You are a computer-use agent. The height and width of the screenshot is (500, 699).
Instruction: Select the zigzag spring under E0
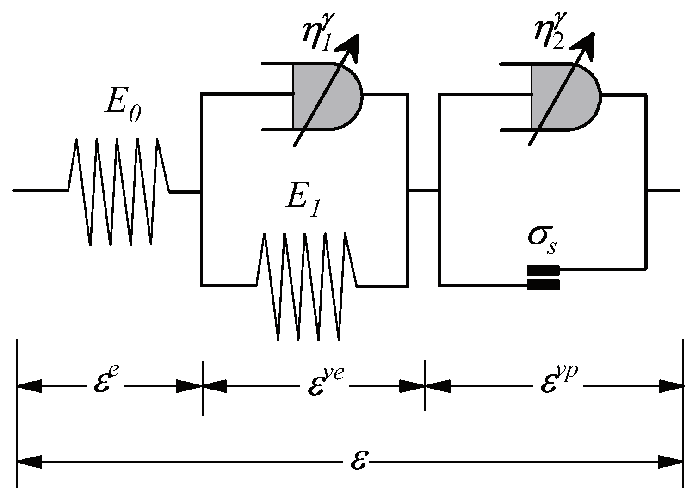click(119, 190)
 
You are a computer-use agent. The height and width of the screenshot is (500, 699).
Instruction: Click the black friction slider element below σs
click(544, 277)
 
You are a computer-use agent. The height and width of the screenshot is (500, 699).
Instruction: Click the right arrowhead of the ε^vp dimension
click(671, 385)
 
